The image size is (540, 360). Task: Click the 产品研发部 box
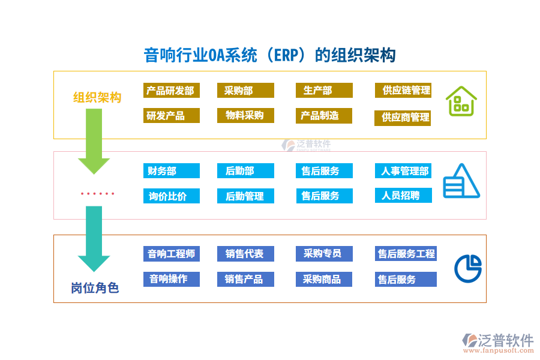coord(172,91)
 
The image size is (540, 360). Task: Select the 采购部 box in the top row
coord(245,91)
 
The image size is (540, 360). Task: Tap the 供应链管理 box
coord(403,91)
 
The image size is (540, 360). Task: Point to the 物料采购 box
coord(245,116)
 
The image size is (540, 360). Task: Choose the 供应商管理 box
coord(403,118)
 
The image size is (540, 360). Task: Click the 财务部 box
coord(172,171)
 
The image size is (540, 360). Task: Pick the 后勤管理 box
coord(245,196)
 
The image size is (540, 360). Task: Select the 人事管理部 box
coord(403,171)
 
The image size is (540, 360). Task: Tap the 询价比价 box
coord(172,196)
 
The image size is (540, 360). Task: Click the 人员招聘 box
coord(403,195)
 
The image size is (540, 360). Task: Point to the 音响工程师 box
coord(172,254)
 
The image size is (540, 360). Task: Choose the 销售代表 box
coord(245,254)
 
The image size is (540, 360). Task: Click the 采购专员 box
coord(324,254)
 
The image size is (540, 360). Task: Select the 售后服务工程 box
coord(406,254)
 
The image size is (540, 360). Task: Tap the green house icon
coord(461,101)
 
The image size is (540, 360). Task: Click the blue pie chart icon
coord(468,268)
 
